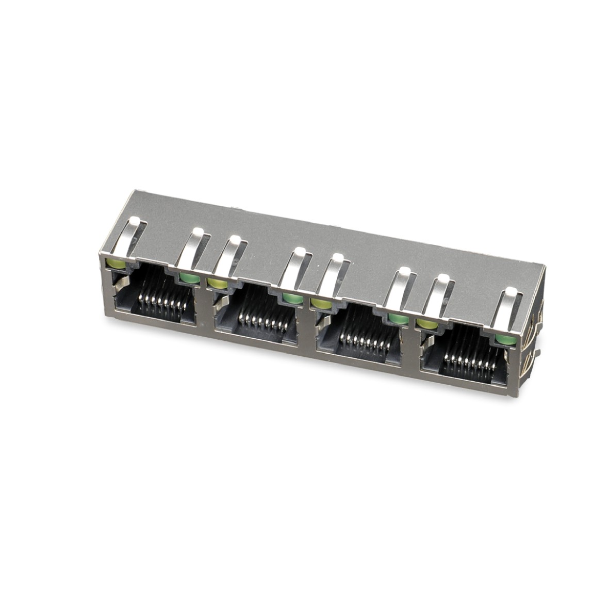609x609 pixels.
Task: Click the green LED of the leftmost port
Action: point(189,279)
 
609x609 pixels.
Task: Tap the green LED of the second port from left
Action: point(292,299)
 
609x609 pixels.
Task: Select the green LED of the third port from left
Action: point(398,319)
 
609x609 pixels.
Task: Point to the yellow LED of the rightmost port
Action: point(426,323)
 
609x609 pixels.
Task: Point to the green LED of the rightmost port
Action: point(503,339)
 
